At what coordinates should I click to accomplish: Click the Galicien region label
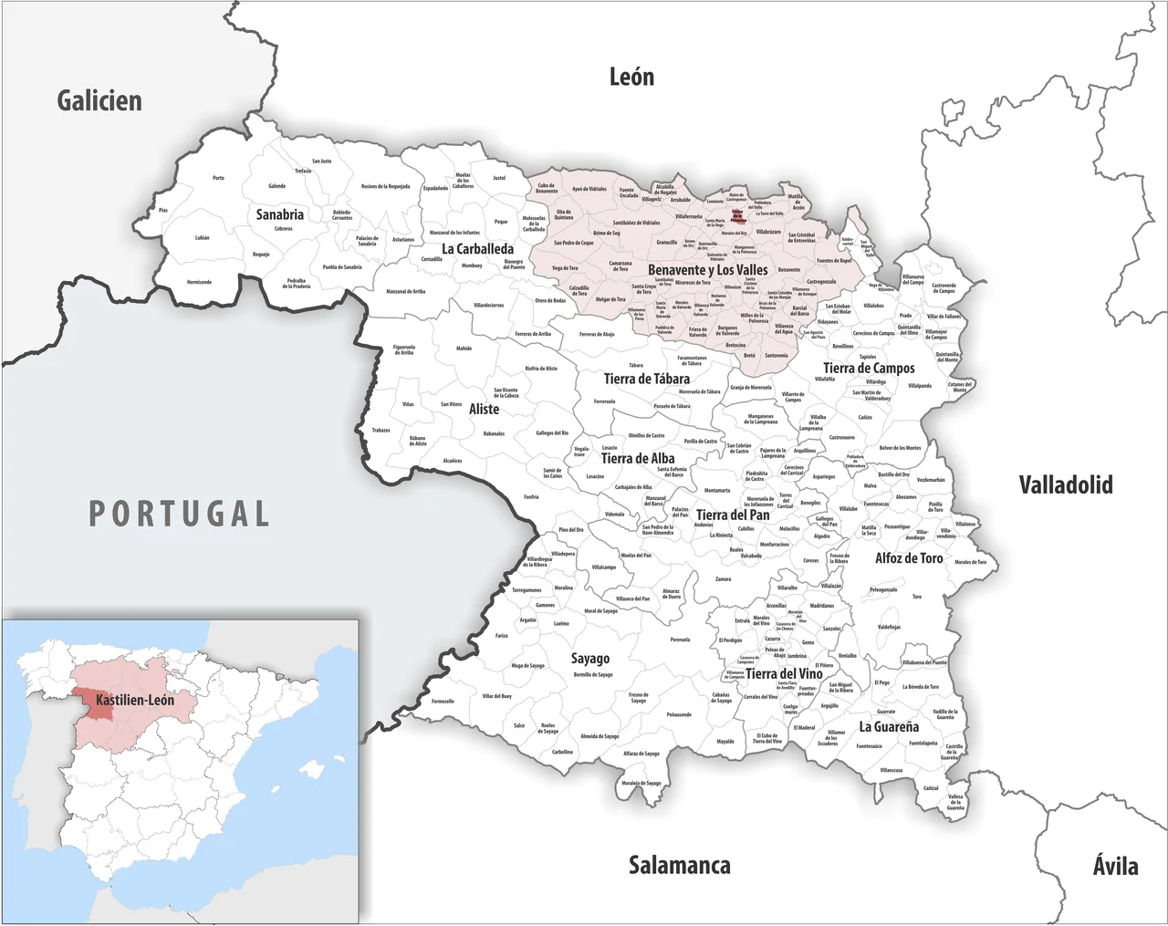point(99,100)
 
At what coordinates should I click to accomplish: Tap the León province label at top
point(631,78)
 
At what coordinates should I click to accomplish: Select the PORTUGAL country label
point(179,514)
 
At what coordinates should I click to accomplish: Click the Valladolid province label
point(1066,484)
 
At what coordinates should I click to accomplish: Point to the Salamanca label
point(679,865)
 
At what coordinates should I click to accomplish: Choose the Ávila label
point(1115,865)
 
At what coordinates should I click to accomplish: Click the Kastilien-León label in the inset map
point(135,700)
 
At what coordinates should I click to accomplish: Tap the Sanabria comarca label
point(279,214)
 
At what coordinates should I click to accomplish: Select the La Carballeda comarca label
point(477,248)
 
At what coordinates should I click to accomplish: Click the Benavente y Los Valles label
point(708,270)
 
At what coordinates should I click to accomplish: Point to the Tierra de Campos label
point(868,369)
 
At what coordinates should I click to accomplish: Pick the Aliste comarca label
point(484,410)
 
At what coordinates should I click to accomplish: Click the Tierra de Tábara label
point(646,379)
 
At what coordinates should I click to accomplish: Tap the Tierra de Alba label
point(638,459)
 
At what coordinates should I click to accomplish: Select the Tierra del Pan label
point(733,515)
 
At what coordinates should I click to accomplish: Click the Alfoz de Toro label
point(909,557)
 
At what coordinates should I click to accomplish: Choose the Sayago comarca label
point(589,658)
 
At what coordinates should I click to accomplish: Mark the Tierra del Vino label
point(784,673)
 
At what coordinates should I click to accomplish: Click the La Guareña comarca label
point(888,727)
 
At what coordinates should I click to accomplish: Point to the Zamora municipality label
point(723,579)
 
